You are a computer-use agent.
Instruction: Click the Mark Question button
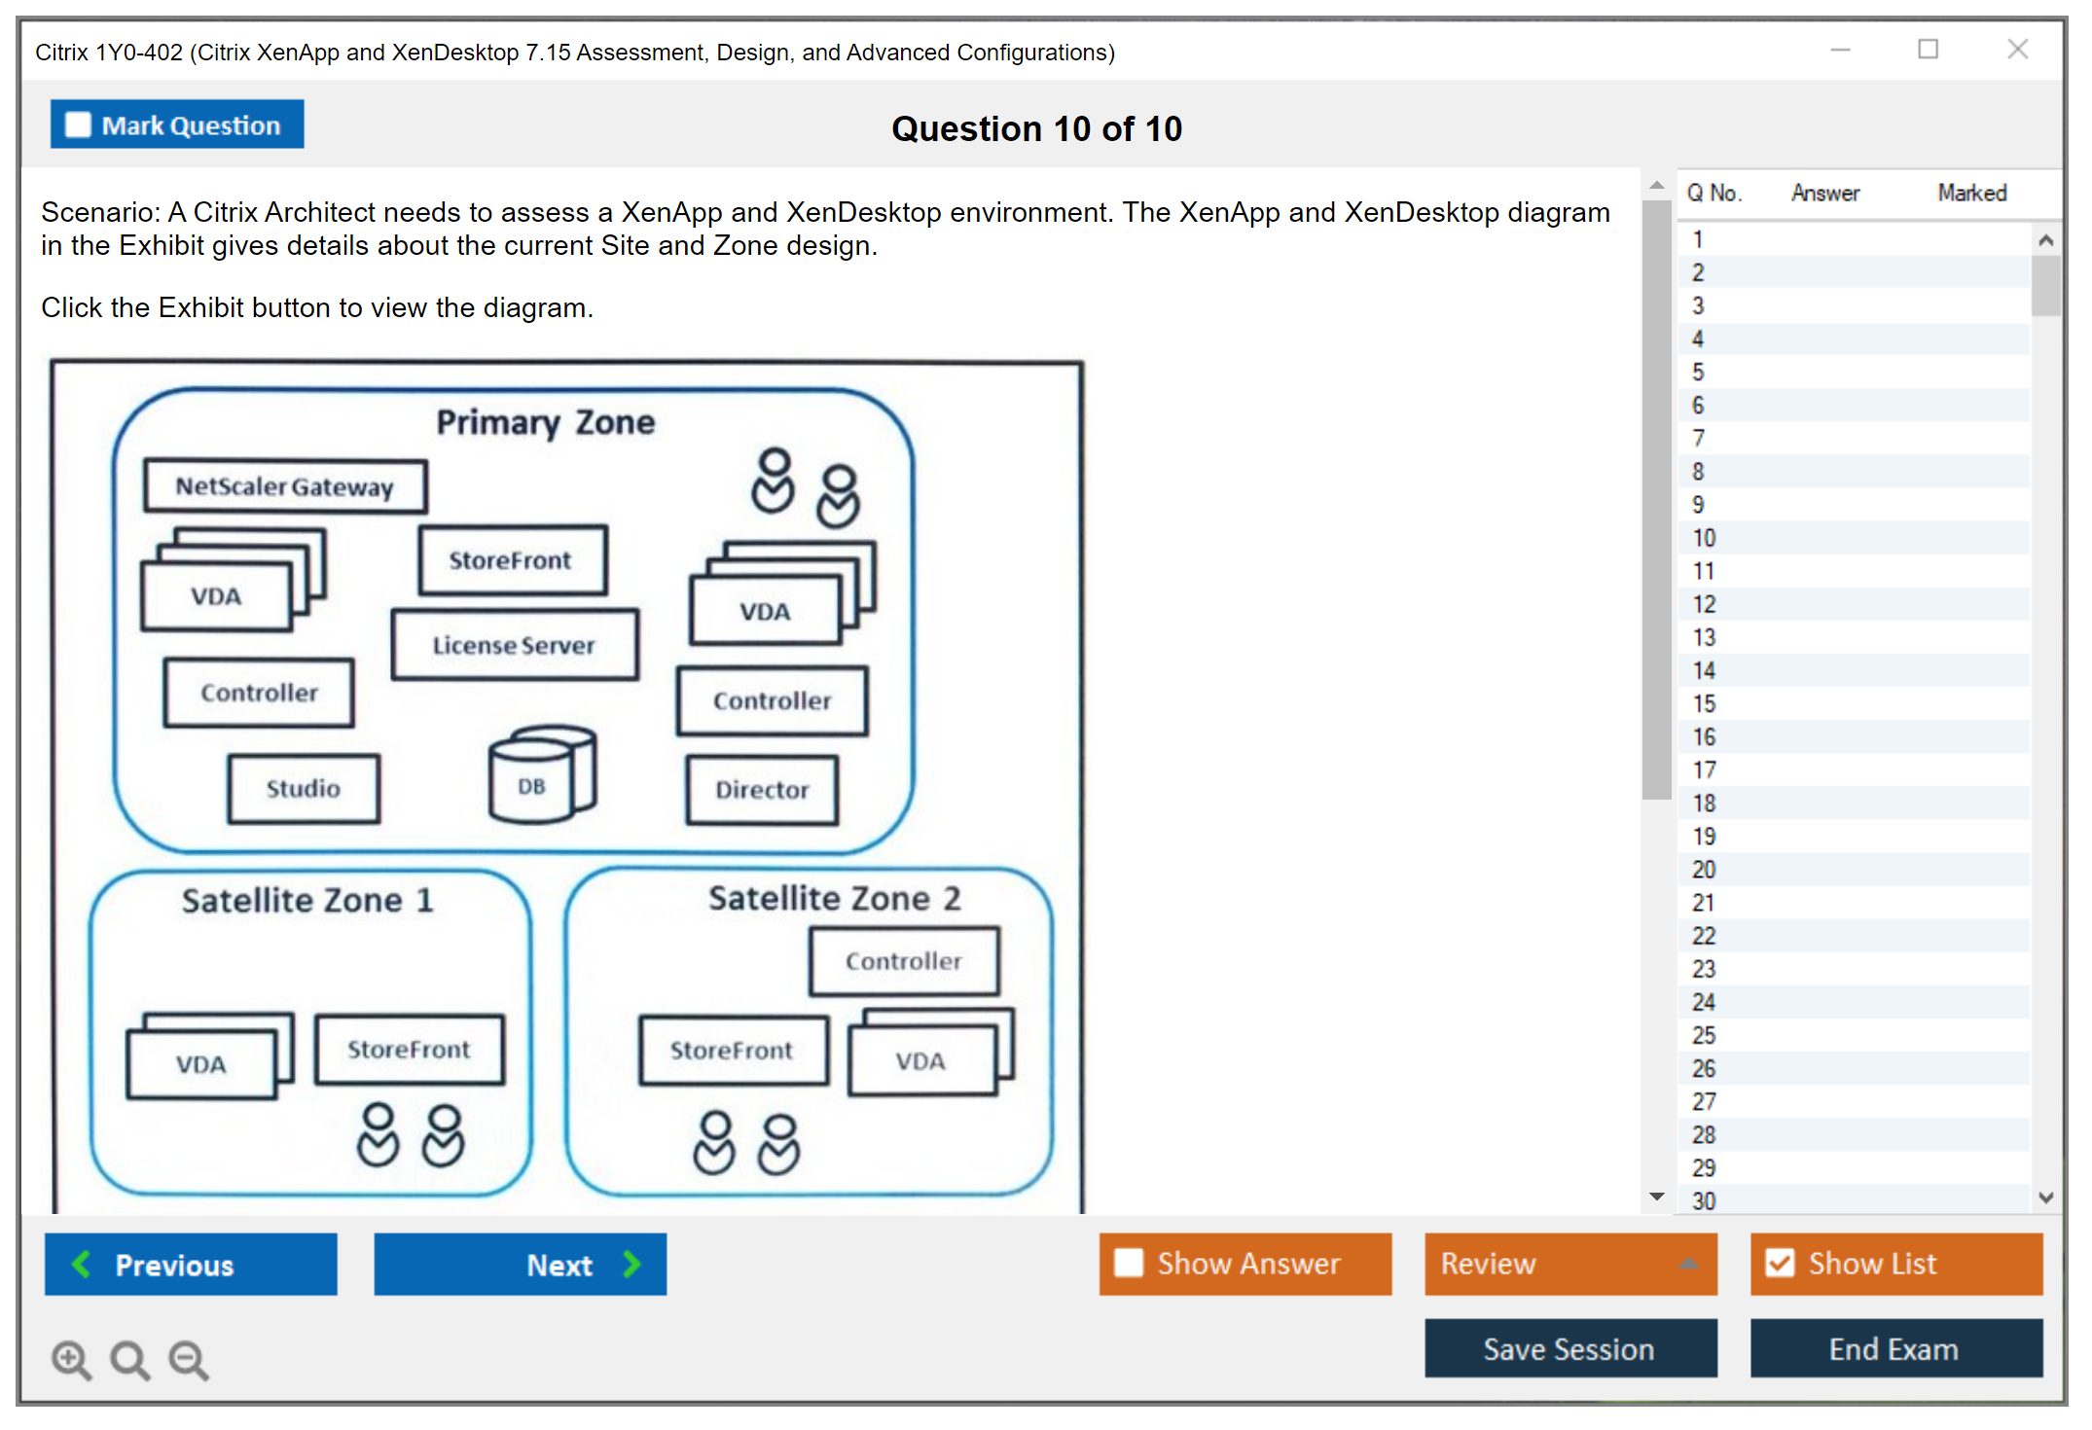point(177,125)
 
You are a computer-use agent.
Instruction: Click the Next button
point(520,1264)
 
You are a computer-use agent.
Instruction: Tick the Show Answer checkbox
point(1130,1263)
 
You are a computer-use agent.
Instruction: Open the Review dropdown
point(1569,1264)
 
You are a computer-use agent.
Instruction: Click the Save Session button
point(1569,1348)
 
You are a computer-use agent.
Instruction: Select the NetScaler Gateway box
point(284,486)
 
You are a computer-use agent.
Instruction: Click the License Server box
point(514,645)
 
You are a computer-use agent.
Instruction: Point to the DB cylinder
point(539,776)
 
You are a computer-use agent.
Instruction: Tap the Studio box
point(304,788)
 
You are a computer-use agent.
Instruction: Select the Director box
point(762,789)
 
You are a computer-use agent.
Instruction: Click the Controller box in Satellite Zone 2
point(903,961)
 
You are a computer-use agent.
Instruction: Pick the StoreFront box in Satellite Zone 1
point(409,1049)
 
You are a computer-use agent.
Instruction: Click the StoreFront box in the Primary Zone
point(511,560)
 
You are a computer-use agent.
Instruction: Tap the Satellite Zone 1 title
point(307,900)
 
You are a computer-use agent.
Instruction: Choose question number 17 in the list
point(1704,770)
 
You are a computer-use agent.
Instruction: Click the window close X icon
point(2017,50)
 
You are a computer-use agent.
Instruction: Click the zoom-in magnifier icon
point(71,1360)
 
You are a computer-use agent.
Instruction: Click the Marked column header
point(1971,193)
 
